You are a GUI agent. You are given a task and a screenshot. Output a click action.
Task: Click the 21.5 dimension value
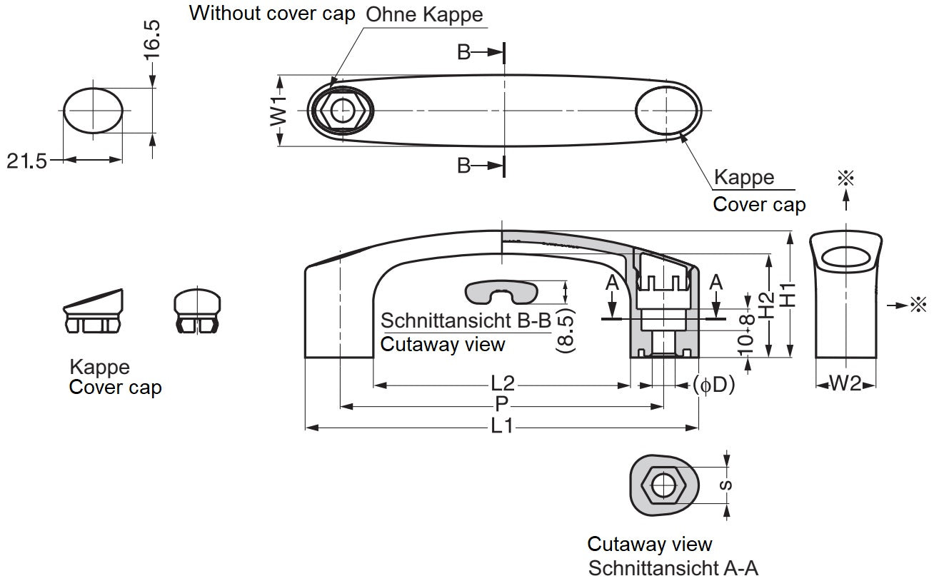point(27,161)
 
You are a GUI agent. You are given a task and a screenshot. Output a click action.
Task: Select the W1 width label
point(279,111)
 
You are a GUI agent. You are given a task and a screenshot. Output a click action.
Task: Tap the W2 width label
point(846,384)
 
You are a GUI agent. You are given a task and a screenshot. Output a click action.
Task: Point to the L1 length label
point(502,427)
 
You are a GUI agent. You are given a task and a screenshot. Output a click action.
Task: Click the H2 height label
point(768,305)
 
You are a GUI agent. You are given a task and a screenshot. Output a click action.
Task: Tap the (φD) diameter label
point(713,385)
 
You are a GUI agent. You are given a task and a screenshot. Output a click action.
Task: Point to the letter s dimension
point(726,485)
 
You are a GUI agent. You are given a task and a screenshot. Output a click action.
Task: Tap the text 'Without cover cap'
point(272,13)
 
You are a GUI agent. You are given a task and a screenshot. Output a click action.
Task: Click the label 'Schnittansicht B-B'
point(466,320)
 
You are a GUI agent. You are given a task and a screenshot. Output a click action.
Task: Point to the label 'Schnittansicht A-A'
point(673,568)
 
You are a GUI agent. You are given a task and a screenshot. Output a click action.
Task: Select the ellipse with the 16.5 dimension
point(93,111)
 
